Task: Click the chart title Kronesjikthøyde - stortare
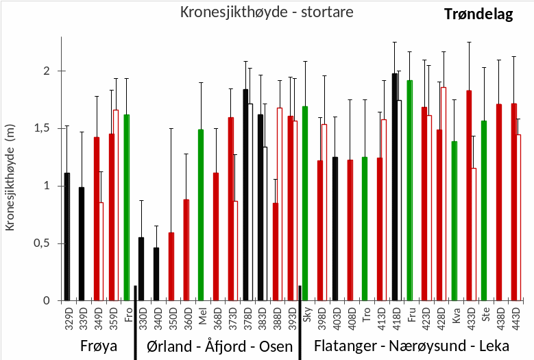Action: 267,12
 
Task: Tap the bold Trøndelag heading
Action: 478,14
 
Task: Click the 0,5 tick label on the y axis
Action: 47,243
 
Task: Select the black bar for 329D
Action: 67,237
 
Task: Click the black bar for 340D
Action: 156,274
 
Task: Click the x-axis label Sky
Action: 306,314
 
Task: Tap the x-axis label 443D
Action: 515,317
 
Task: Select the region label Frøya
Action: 97,345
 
